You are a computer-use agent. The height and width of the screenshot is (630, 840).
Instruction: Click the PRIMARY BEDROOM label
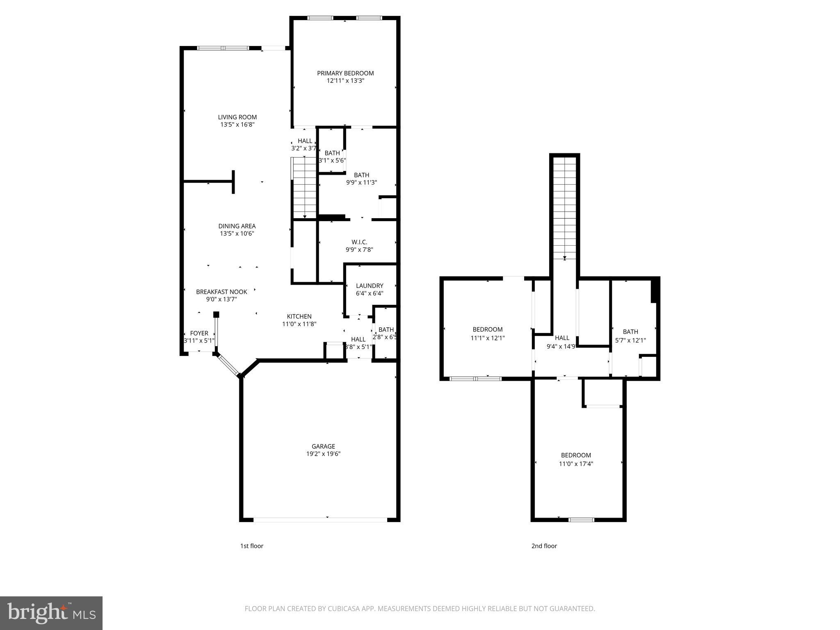[345, 73]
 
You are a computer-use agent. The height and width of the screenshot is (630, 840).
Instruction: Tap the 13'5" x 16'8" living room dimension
[237, 125]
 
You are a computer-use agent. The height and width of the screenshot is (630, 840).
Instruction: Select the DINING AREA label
[237, 226]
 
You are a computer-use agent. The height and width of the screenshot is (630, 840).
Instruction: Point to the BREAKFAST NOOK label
[221, 292]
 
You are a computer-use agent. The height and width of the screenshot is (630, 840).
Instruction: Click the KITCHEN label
[299, 316]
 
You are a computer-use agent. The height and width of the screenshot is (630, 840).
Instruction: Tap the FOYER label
[199, 333]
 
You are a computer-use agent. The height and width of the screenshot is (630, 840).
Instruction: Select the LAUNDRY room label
[370, 286]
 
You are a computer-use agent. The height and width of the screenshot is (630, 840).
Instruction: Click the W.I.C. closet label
[359, 242]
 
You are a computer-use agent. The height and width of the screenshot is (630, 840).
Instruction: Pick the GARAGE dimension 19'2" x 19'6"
[323, 454]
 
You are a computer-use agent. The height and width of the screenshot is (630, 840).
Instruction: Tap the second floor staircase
[565, 209]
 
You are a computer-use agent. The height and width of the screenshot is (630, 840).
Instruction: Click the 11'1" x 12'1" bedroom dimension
[487, 338]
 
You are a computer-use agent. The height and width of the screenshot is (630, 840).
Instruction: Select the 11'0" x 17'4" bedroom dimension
[576, 464]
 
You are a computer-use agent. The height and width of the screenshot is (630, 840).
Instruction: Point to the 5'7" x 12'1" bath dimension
[630, 340]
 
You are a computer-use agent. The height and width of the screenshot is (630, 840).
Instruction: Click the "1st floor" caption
[251, 546]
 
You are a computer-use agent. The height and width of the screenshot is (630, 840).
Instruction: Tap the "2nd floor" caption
[544, 546]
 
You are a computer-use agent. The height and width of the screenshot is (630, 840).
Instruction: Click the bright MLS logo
[51, 613]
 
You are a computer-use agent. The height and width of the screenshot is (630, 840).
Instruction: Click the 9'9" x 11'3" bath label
[361, 183]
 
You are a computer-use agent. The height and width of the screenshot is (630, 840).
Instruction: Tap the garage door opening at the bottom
[320, 520]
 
